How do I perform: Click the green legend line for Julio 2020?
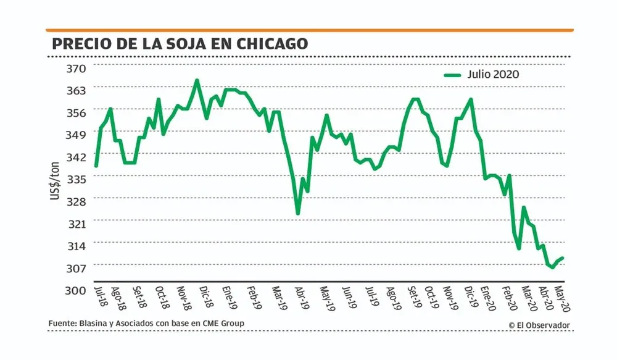(453, 75)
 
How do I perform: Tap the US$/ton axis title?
(55, 178)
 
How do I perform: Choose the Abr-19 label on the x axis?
(300, 297)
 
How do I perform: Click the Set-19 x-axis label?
(412, 297)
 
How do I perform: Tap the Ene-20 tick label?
(487, 297)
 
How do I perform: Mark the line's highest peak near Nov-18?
(197, 80)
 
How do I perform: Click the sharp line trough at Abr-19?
(298, 214)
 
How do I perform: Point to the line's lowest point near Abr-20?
(553, 267)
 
